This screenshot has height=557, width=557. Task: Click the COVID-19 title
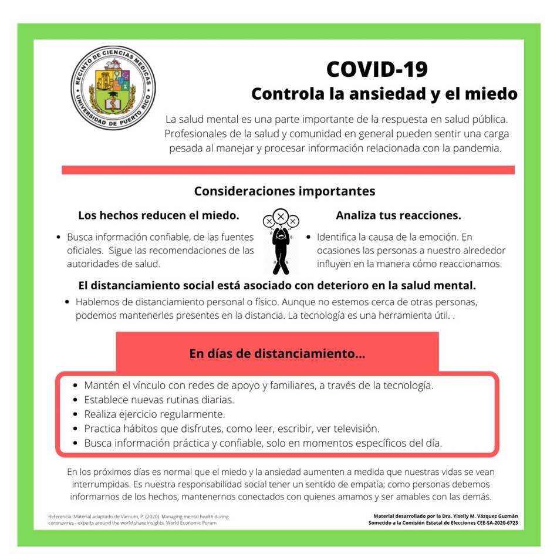point(377,69)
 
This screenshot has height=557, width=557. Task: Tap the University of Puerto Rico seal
point(113,87)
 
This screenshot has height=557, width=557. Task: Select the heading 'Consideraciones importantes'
point(284,191)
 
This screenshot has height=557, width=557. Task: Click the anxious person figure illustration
point(281,241)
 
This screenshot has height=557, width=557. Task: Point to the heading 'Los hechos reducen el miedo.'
point(158,215)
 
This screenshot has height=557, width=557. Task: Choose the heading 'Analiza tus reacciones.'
point(398,215)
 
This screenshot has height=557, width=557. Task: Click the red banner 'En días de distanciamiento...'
point(277,354)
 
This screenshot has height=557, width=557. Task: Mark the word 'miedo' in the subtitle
point(492,93)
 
